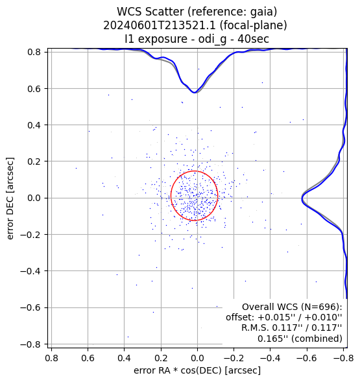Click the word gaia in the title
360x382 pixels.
[x=265, y=12]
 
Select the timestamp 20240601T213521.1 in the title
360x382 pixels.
[x=160, y=25]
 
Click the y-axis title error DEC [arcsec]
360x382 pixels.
[x=10, y=198]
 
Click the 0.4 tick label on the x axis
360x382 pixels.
[x=125, y=358]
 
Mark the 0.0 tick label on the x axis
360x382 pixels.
[x=197, y=358]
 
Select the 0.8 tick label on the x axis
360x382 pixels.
[x=51, y=358]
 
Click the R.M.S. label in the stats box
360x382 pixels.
[x=255, y=328]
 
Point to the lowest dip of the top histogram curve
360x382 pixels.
[x=195, y=93]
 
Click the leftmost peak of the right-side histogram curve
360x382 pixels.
[x=302, y=200]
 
